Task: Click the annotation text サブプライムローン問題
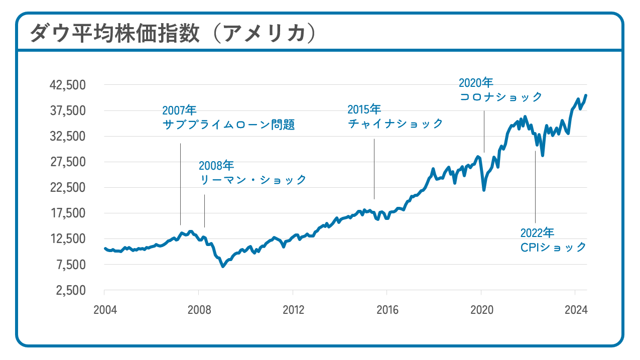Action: pos(228,125)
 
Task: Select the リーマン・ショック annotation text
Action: pos(253,180)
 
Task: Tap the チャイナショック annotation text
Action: pos(396,123)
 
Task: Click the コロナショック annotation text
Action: pos(501,97)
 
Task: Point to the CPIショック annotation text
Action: pos(553,247)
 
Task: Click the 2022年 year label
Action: pos(537,233)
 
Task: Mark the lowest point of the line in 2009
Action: pos(223,266)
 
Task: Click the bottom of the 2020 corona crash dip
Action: pos(484,190)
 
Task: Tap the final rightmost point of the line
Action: pos(586,95)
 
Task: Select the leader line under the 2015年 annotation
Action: pos(374,169)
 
